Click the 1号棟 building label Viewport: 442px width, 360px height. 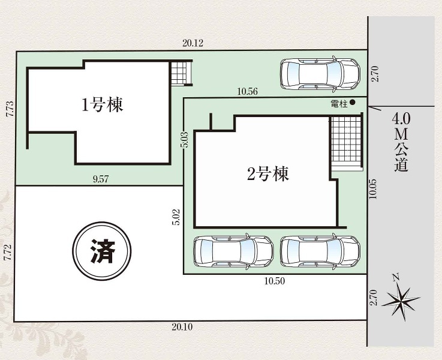click(x=103, y=105)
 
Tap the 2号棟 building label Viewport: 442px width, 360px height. click(x=268, y=174)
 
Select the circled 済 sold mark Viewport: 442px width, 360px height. click(x=102, y=251)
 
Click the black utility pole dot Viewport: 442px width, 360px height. click(x=353, y=103)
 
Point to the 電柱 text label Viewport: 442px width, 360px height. click(x=339, y=104)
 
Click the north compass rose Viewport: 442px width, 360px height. click(x=400, y=298)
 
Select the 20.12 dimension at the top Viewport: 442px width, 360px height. click(x=193, y=43)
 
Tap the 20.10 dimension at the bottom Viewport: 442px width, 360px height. click(x=182, y=327)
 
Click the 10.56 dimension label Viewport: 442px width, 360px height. click(x=247, y=91)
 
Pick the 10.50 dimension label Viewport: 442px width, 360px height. click(x=275, y=281)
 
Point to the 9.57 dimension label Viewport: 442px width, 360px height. click(x=101, y=179)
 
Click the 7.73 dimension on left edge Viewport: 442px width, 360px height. click(x=10, y=109)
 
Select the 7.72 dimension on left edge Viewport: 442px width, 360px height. click(x=9, y=253)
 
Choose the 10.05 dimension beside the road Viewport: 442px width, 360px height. click(x=374, y=189)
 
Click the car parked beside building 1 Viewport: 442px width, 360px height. click(x=320, y=74)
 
